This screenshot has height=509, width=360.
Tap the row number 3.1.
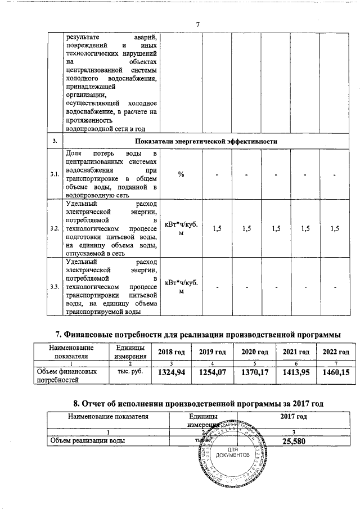pyautogui.click(x=55, y=174)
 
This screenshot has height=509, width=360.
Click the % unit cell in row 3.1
pyautogui.click(x=181, y=174)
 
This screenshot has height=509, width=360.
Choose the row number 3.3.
pyautogui.click(x=55, y=287)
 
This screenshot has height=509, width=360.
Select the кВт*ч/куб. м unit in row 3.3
pyautogui.click(x=181, y=287)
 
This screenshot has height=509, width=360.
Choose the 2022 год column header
pyautogui.click(x=335, y=352)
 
